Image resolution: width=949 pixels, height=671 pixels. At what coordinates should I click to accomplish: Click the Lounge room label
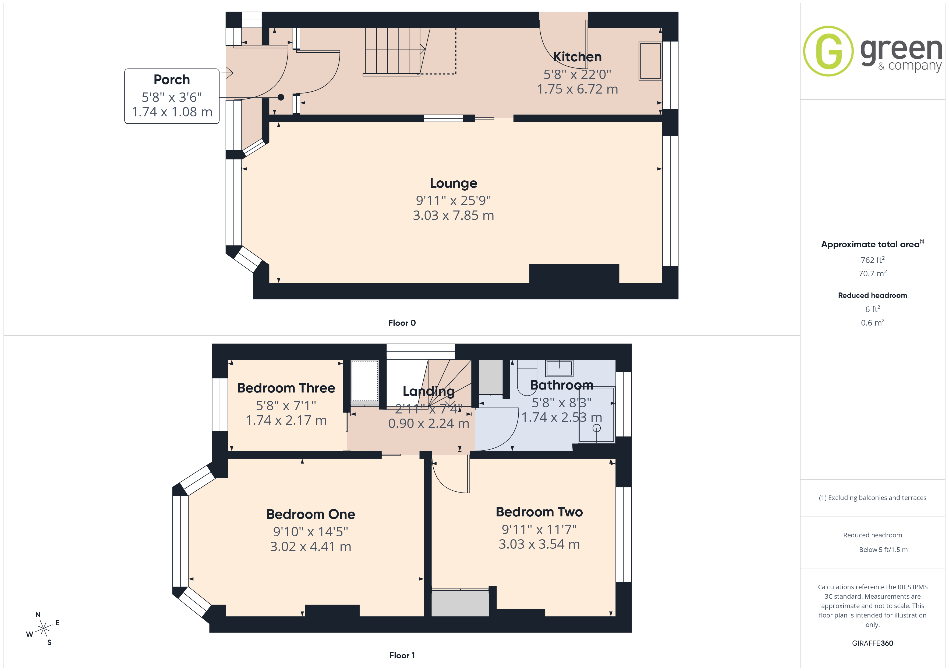coord(454,183)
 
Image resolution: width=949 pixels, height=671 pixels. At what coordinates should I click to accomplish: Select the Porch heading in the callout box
coord(172,79)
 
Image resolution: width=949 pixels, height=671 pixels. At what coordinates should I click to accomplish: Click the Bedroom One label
coord(310,514)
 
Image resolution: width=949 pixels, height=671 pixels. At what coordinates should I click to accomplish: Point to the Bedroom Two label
coord(539,512)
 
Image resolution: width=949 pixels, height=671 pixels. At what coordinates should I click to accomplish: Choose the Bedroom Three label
coord(286,388)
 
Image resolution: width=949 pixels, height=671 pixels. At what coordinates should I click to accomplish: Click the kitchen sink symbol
coord(650,61)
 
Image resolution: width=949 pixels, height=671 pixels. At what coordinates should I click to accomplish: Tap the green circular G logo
coord(828,51)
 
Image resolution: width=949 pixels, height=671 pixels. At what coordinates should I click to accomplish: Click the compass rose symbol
coord(43,629)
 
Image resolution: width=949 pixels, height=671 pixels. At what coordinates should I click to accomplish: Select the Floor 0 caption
coord(402,323)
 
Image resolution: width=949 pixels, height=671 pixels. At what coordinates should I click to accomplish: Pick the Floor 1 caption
coord(402,655)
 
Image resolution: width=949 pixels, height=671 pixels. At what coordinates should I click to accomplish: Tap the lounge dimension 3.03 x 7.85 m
coord(454,215)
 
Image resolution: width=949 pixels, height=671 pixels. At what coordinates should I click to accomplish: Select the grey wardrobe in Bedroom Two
coord(460,603)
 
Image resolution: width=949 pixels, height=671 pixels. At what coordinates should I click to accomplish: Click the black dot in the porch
coord(281,98)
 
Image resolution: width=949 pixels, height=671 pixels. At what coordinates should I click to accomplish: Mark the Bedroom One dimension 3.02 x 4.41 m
coord(310,546)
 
